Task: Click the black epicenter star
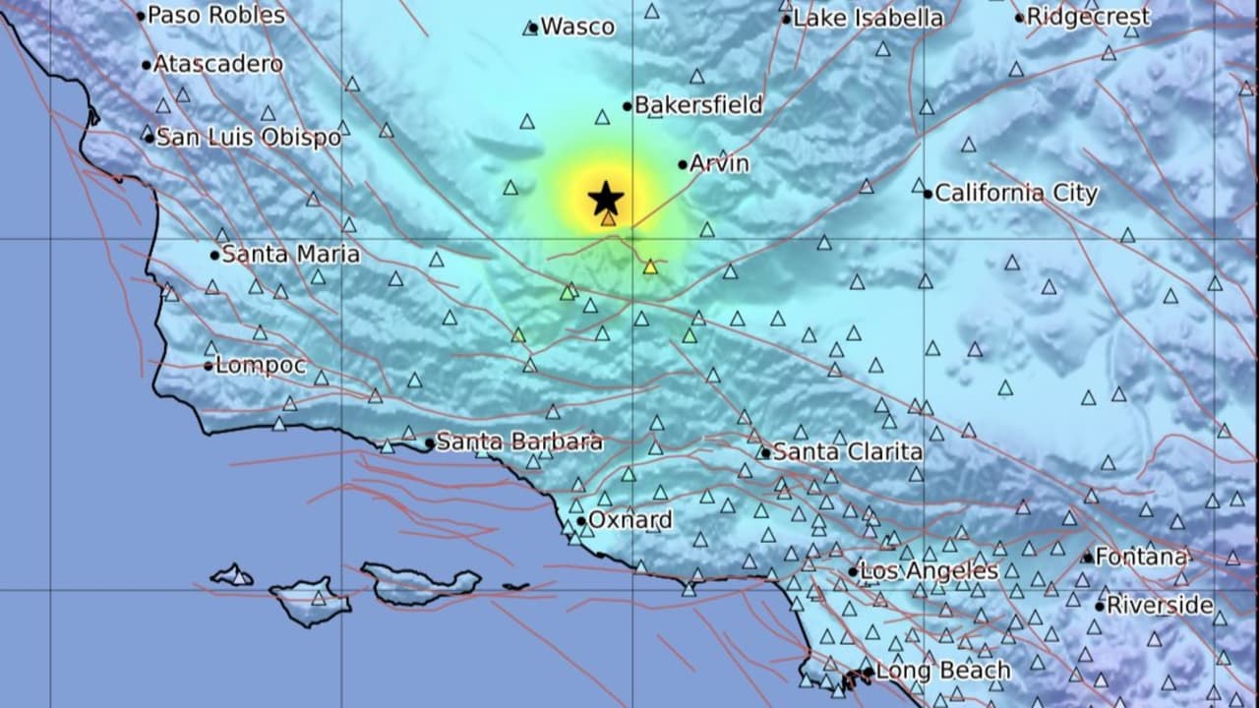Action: [606, 199]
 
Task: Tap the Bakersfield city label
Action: [698, 105]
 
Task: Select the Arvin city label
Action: [719, 163]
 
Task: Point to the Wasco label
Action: [577, 27]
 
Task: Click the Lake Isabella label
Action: [868, 18]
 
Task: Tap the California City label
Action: [1015, 193]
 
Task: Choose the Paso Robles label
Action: [215, 15]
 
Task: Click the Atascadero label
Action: [217, 64]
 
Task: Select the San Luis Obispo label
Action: [248, 138]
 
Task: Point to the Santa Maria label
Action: [290, 255]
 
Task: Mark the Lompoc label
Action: [261, 366]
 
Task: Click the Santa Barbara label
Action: [518, 442]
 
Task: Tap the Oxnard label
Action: [630, 520]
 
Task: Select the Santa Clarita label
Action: [847, 452]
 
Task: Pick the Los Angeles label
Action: [929, 570]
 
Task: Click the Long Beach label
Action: [942, 672]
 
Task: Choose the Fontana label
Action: [1141, 557]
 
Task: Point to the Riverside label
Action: [1160, 605]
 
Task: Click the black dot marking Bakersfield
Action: [627, 106]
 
